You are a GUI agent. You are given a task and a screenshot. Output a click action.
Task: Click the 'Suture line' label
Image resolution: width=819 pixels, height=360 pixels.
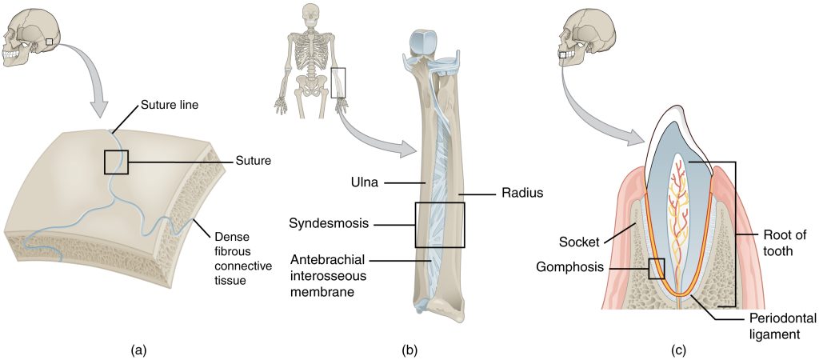pos(170,104)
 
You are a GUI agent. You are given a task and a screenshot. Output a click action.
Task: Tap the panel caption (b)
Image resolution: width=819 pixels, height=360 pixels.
pos(409,350)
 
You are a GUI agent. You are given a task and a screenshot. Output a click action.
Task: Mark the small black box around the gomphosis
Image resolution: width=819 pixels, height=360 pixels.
pos(656,268)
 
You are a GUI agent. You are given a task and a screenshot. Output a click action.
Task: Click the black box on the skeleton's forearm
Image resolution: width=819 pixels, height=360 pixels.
pos(339,82)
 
